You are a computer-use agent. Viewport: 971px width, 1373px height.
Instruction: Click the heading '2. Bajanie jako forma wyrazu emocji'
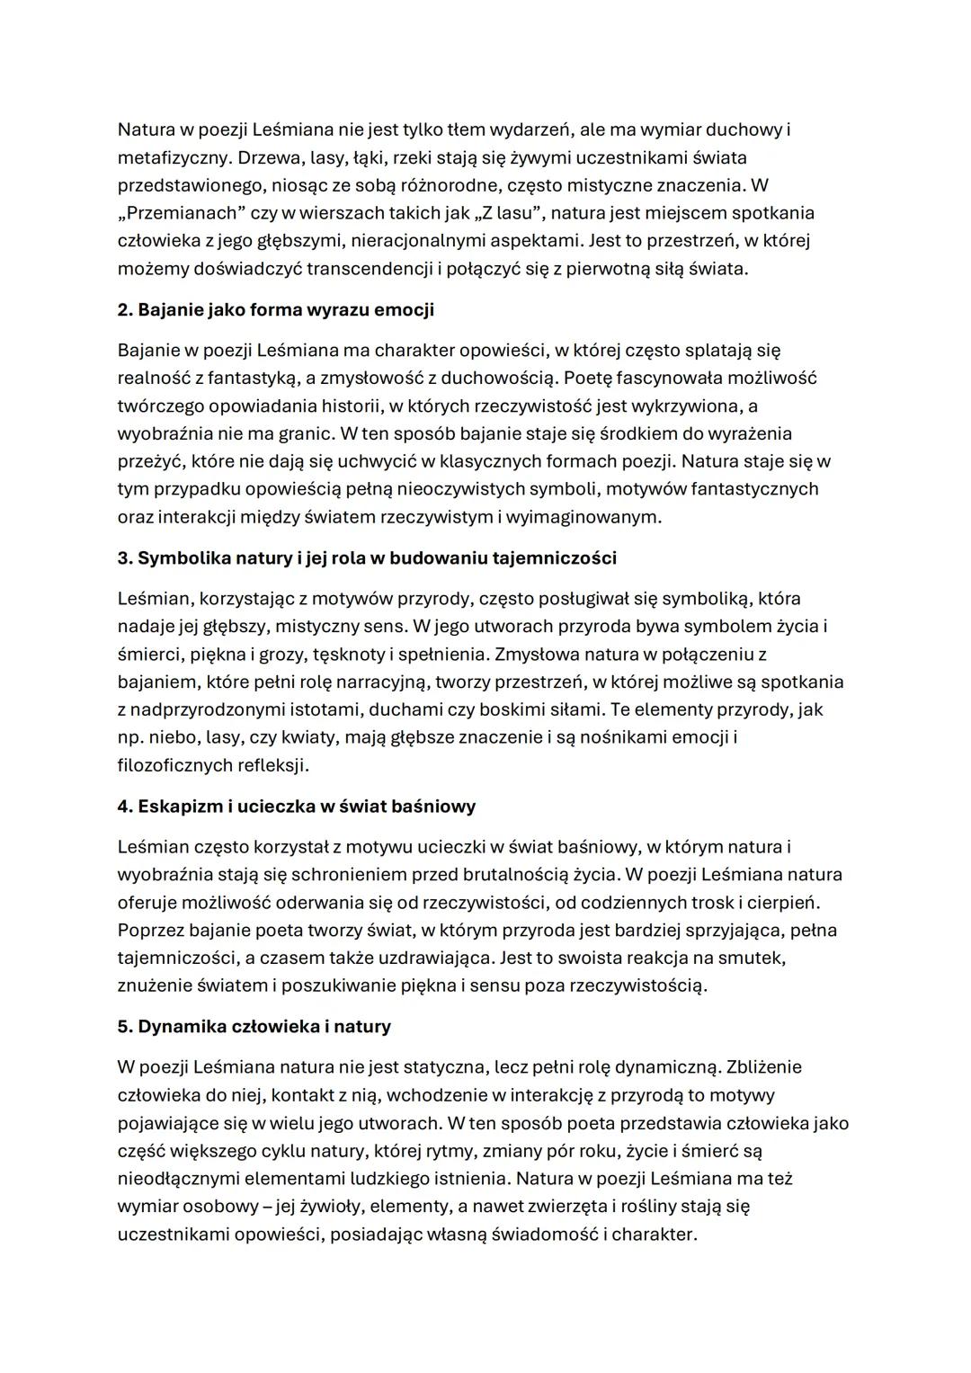[276, 309]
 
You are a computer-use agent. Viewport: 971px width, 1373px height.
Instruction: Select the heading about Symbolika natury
[367, 557]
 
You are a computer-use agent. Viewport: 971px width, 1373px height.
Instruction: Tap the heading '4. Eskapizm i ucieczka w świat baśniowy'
[297, 806]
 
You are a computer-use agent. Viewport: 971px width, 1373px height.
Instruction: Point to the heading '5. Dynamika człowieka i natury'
[254, 1026]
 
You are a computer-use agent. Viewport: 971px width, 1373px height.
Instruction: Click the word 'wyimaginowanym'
[591, 517]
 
